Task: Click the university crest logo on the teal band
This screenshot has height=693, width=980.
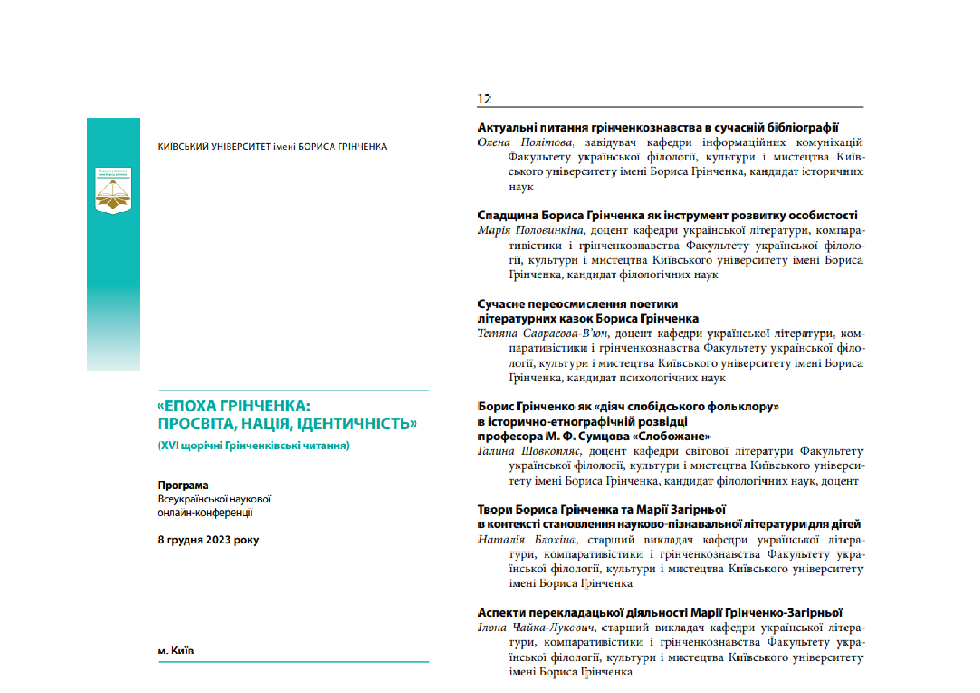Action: click(113, 190)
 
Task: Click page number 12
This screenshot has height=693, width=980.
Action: click(484, 99)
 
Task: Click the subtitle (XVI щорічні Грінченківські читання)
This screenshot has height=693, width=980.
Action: click(253, 445)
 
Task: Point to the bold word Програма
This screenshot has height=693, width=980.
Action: click(183, 485)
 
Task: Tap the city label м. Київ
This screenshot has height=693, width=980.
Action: click(176, 651)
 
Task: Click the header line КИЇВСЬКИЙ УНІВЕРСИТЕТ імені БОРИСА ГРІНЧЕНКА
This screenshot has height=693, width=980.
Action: click(272, 147)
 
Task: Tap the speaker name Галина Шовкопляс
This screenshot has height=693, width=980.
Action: click(528, 451)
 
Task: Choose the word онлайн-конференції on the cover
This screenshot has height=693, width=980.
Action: click(205, 512)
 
